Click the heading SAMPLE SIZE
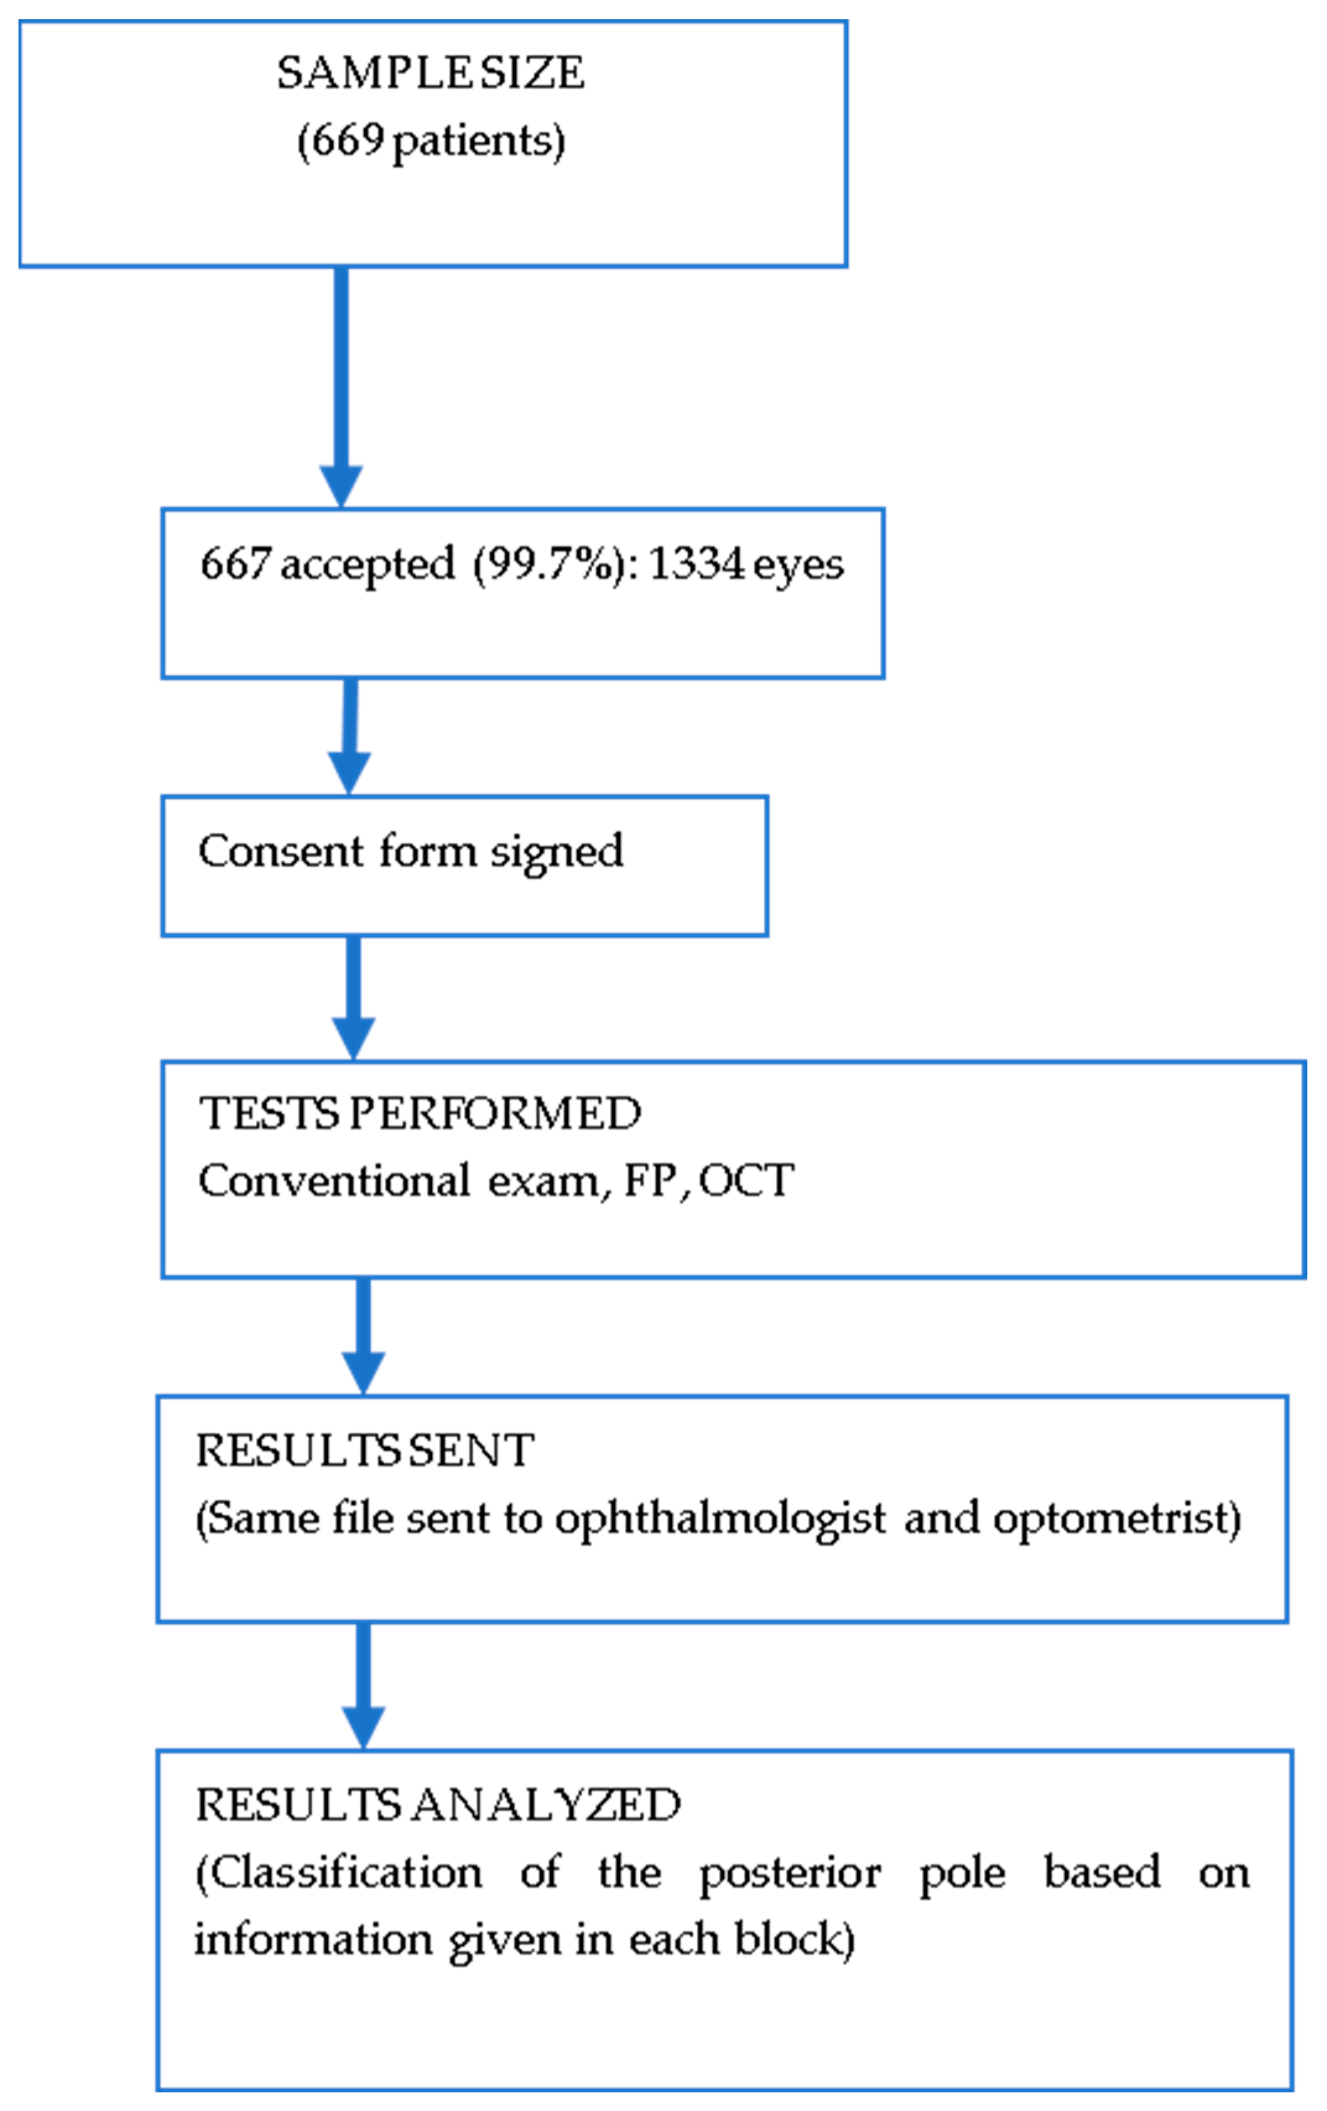[x=430, y=73]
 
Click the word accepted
[x=367, y=564]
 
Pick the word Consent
[x=280, y=851]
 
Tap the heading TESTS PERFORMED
[x=420, y=1112]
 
